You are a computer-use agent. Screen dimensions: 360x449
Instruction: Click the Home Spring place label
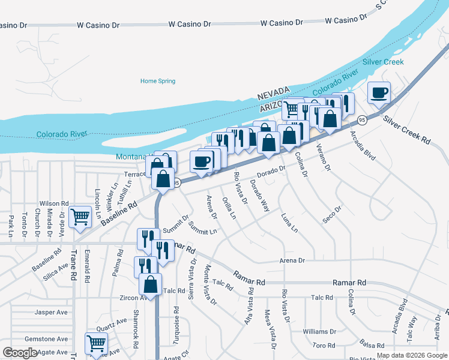pyautogui.click(x=158, y=81)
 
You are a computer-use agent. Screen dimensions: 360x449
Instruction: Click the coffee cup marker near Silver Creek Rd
pyautogui.click(x=379, y=94)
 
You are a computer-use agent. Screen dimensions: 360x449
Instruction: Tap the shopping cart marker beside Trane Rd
pyautogui.click(x=80, y=217)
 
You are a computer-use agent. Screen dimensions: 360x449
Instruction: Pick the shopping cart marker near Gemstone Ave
pyautogui.click(x=97, y=344)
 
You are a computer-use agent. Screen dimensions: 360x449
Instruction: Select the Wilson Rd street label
pyautogui.click(x=54, y=203)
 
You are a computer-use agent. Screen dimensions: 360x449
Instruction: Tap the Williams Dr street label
pyautogui.click(x=319, y=331)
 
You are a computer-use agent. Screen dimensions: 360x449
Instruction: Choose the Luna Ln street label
pyautogui.click(x=289, y=223)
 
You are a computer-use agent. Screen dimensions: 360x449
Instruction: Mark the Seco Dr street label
pyautogui.click(x=331, y=215)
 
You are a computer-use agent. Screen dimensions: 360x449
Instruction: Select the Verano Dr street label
pyautogui.click(x=324, y=158)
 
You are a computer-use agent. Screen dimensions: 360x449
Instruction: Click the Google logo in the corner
pyautogui.click(x=20, y=353)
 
